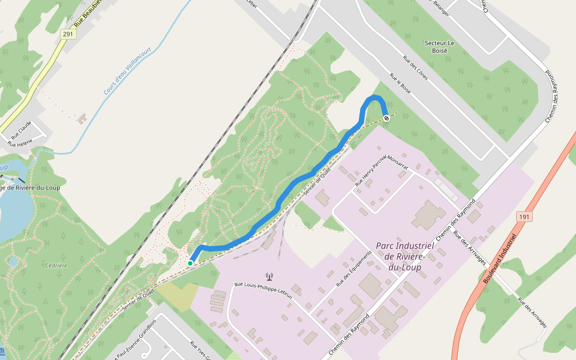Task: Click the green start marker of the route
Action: click(190, 263)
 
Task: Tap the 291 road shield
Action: click(68, 34)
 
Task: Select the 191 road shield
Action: click(524, 217)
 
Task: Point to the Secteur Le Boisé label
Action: click(440, 47)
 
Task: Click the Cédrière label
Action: click(56, 265)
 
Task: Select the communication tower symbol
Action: click(269, 277)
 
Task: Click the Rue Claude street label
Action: click(21, 133)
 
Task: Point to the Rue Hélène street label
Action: click(20, 143)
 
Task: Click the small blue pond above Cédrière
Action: click(13, 261)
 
